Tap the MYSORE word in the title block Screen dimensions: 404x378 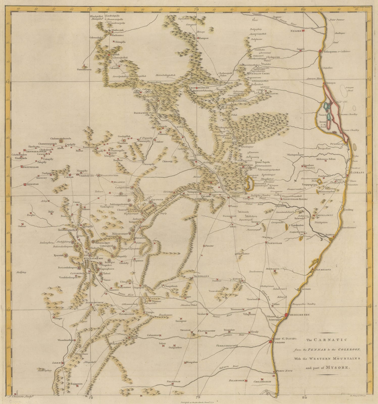[342, 368]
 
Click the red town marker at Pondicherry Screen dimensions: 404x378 [286, 315]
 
